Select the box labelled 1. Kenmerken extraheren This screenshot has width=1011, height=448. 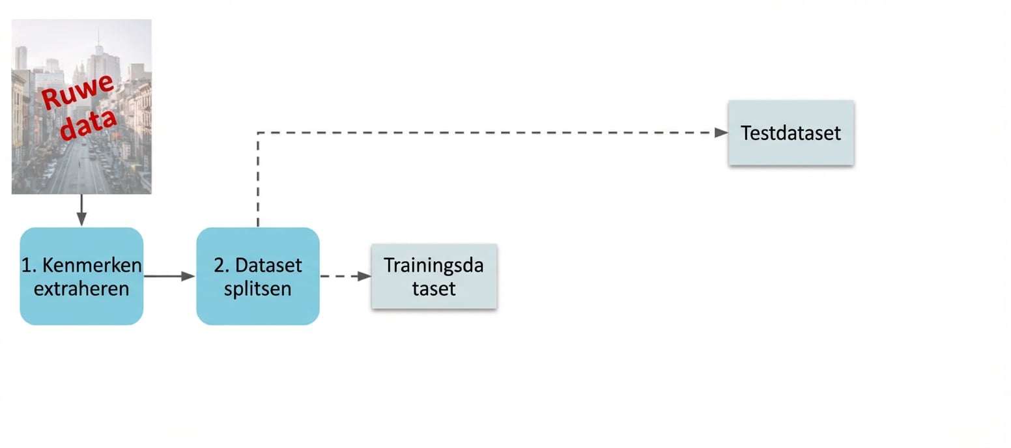pyautogui.click(x=81, y=276)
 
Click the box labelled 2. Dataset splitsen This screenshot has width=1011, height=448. pyautogui.click(x=258, y=276)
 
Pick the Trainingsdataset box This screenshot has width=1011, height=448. pyautogui.click(x=434, y=276)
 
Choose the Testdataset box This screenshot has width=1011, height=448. pyautogui.click(x=791, y=133)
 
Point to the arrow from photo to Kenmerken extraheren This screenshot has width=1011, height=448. pyautogui.click(x=81, y=210)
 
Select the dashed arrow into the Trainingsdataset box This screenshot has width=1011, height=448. pyautogui.click(x=345, y=276)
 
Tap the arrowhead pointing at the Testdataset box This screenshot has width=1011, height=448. pyautogui.click(x=721, y=133)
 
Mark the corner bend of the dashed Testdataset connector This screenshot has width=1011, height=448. pyautogui.click(x=258, y=133)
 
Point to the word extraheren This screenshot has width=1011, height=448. pyautogui.click(x=81, y=288)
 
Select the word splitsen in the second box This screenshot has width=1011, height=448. pyautogui.click(x=258, y=288)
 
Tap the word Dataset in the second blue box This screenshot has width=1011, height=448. pyautogui.click(x=268, y=266)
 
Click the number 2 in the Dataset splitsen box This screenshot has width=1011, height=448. pyautogui.click(x=219, y=266)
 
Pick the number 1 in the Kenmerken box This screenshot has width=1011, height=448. pyautogui.click(x=25, y=266)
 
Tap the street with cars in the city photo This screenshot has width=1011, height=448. pyautogui.click(x=78, y=169)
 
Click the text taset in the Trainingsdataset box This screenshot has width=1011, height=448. pyautogui.click(x=434, y=288)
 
